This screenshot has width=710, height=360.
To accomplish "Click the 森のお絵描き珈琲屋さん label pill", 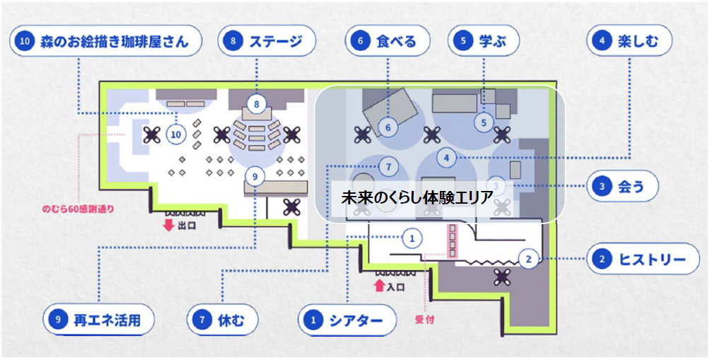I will click(105, 42).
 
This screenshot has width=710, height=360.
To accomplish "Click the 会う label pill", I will click(623, 187).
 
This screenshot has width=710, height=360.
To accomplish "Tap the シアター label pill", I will click(346, 320).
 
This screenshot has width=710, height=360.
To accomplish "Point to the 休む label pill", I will click(221, 320).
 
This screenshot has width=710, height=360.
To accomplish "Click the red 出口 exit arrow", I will click(168, 226).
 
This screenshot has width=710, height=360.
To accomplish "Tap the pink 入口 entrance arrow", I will click(379, 286).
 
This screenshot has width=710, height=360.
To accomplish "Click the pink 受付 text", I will click(424, 320).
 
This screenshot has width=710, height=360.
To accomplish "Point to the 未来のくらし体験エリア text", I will click(417, 198).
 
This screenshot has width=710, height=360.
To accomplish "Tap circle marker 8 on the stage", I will click(257, 104).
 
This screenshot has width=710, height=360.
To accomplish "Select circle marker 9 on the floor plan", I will click(255, 174).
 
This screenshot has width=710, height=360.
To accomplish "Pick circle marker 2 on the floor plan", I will click(528, 259).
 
